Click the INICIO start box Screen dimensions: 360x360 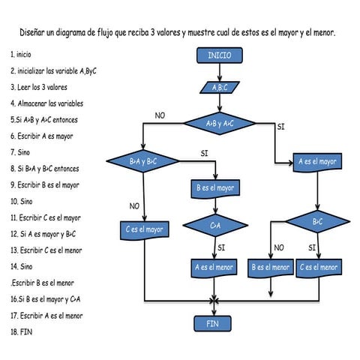click(x=219, y=56)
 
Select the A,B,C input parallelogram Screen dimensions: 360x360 click(x=219, y=87)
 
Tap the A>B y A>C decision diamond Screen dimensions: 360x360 click(x=219, y=123)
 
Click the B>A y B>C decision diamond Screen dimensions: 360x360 click(x=142, y=161)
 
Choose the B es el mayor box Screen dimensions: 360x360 click(x=215, y=189)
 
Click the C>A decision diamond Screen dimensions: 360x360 click(x=215, y=224)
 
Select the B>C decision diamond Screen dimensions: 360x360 click(x=317, y=222)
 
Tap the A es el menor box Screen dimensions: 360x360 click(x=215, y=267)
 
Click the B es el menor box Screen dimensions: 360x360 click(x=270, y=267)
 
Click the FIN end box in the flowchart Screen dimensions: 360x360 click(x=214, y=323)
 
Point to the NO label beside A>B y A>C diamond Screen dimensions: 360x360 click(x=159, y=115)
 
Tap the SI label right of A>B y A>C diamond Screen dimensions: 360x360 click(x=280, y=127)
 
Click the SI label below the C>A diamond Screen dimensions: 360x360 click(x=221, y=247)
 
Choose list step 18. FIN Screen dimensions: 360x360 click(x=22, y=331)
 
